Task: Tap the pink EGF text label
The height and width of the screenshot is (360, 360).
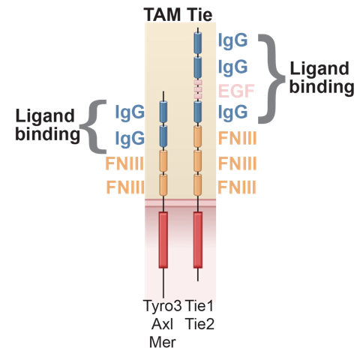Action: (x=232, y=91)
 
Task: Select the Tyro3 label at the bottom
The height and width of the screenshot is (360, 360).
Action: (x=163, y=305)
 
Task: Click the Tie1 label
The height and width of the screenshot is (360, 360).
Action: (x=198, y=305)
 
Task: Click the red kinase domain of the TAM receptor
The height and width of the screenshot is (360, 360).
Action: (x=163, y=240)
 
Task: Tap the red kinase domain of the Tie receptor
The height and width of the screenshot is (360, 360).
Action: (x=198, y=240)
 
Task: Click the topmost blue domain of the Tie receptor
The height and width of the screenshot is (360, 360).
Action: (x=198, y=43)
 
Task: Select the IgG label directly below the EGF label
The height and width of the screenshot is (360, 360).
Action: (x=232, y=113)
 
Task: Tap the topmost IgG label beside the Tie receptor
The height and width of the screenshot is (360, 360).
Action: (x=232, y=40)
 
